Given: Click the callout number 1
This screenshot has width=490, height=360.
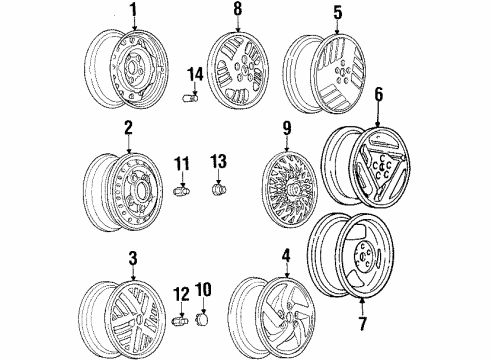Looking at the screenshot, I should pos(131,13).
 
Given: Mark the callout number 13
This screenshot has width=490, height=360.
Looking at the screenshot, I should pos(219,161).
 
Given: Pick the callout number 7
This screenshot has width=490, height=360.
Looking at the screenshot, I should pos(359,326).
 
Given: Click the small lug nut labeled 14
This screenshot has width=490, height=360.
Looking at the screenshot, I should pos(189,96).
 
